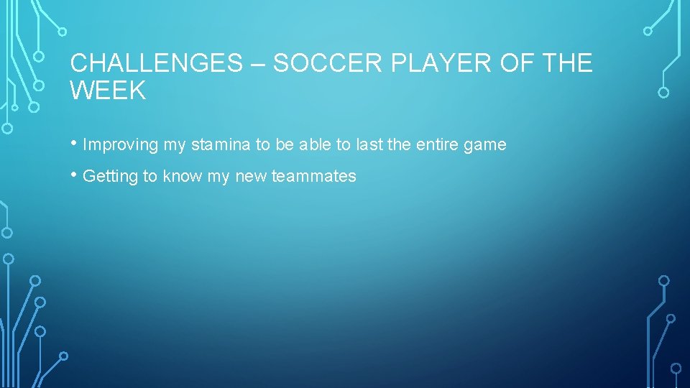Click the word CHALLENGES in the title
157,63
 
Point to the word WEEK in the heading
108,91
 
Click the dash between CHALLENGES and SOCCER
258,64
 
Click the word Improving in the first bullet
120,145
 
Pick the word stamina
220,145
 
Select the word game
485,145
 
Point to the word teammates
313,177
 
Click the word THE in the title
568,63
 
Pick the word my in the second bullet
218,177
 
